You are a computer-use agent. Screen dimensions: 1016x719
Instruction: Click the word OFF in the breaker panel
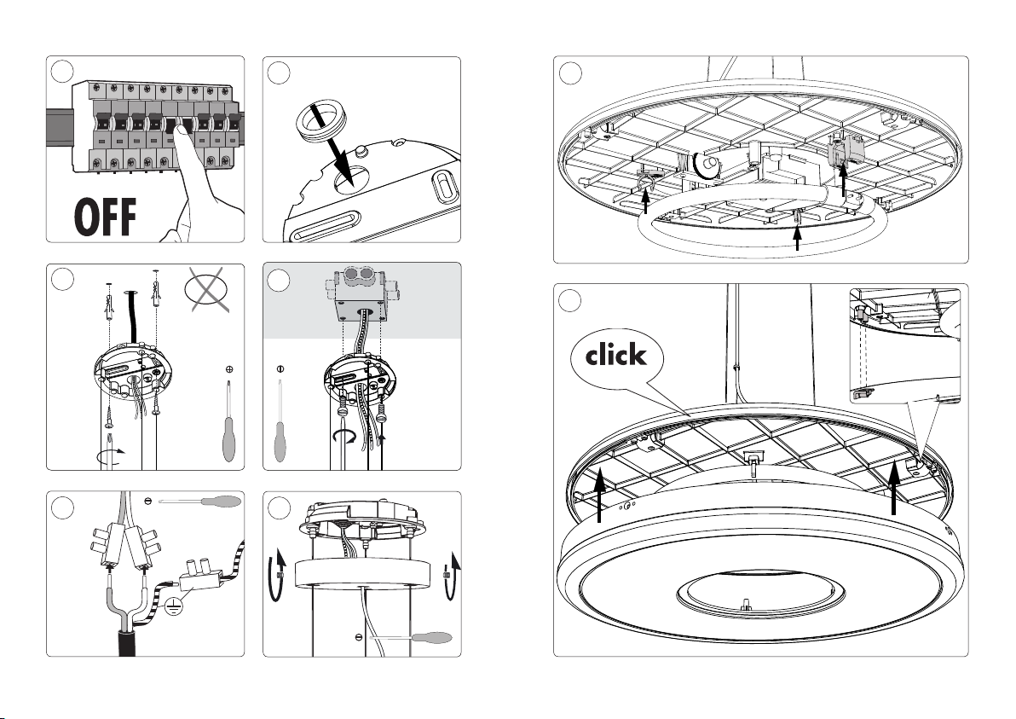click(x=106, y=217)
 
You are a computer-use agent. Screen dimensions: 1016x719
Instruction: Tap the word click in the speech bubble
click(x=615, y=355)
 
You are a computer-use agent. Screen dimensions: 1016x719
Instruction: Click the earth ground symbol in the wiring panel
click(x=173, y=606)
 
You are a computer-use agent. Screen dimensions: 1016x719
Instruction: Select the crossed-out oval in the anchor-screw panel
click(x=207, y=288)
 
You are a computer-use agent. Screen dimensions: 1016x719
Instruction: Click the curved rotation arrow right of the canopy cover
click(x=451, y=576)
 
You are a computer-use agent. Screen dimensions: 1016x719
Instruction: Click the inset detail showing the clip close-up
click(x=904, y=345)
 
